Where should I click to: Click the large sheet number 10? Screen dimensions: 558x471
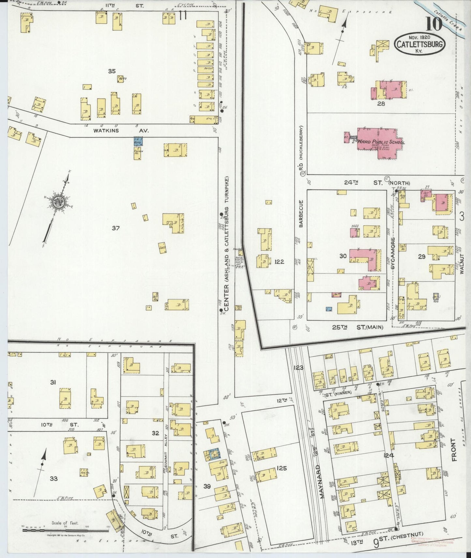coord(433,23)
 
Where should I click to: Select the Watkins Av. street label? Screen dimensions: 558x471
coord(121,131)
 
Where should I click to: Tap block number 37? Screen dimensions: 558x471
coord(115,228)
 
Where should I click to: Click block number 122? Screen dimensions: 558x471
coord(279,261)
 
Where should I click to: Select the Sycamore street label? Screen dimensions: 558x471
coord(393,250)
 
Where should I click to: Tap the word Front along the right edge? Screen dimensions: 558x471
coord(454,450)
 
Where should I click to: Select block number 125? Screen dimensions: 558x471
coord(281,468)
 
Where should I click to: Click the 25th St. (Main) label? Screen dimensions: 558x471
coord(357,327)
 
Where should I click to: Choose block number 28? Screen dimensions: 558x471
coord(381,104)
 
